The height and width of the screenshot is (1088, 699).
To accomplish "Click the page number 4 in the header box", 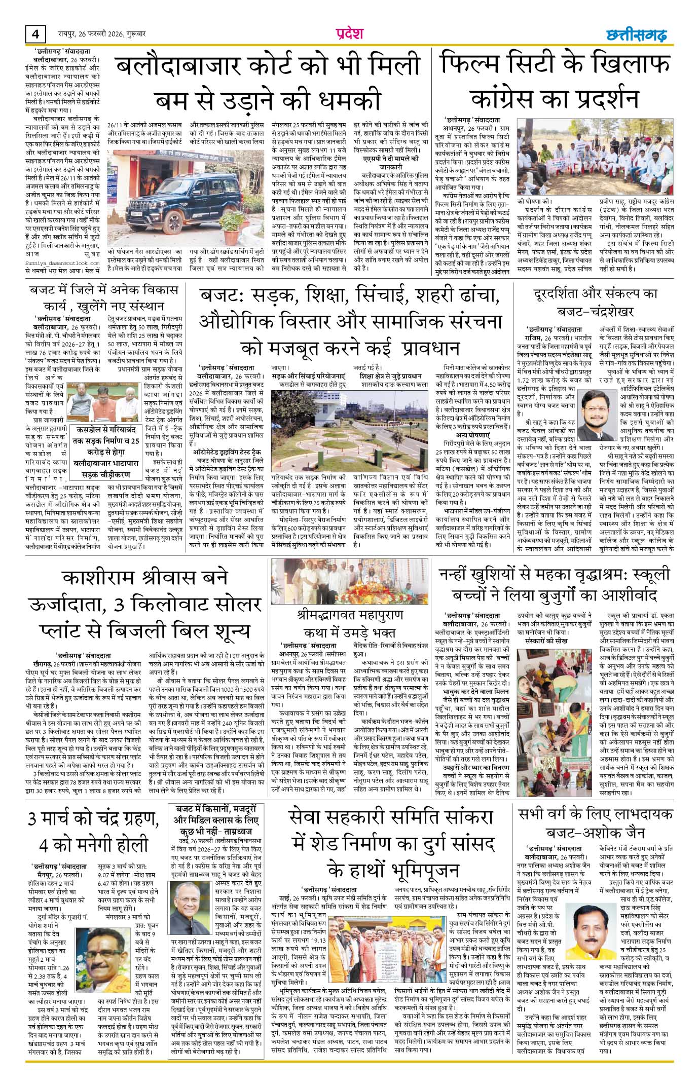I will pyautogui.click(x=35, y=34).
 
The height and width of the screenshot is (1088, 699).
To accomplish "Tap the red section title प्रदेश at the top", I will pyautogui.click(x=349, y=33).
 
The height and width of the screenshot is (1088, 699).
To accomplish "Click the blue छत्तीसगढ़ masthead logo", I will pyautogui.click(x=637, y=35).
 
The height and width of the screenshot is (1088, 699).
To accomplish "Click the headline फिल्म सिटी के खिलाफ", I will pyautogui.click(x=556, y=64).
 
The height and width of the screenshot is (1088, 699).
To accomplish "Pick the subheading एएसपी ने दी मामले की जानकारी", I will pyautogui.click(x=390, y=162).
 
